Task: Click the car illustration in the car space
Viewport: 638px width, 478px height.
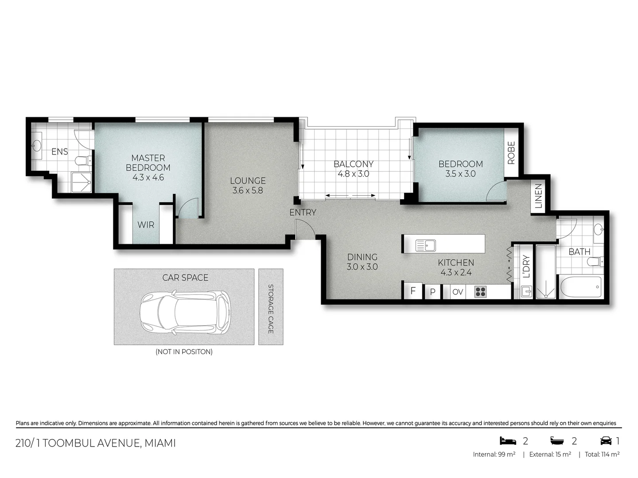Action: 185,312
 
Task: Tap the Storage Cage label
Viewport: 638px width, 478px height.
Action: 271,308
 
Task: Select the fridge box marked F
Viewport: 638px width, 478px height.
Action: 413,291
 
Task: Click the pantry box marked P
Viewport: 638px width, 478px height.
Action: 433,292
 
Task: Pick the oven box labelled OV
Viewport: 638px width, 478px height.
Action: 458,292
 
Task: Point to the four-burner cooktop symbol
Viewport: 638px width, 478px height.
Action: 481,292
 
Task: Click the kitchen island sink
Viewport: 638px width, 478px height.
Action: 425,245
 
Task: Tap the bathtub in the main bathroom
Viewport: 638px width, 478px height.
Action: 581,288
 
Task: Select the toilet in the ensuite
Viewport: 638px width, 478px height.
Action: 83,161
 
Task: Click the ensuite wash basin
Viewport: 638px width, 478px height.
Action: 36,145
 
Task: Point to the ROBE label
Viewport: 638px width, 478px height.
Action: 511,153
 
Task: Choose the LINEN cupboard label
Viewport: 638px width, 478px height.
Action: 538,196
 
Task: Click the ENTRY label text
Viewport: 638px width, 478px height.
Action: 303,212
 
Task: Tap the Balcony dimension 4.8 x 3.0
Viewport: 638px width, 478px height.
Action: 353,174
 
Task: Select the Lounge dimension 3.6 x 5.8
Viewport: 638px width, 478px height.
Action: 248,191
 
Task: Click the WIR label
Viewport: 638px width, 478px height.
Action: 146,225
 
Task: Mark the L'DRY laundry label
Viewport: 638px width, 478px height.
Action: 526,266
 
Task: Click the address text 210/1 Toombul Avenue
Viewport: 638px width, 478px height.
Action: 96,443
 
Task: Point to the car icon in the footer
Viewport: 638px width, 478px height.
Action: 606,441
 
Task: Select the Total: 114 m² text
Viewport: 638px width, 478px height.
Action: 602,454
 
